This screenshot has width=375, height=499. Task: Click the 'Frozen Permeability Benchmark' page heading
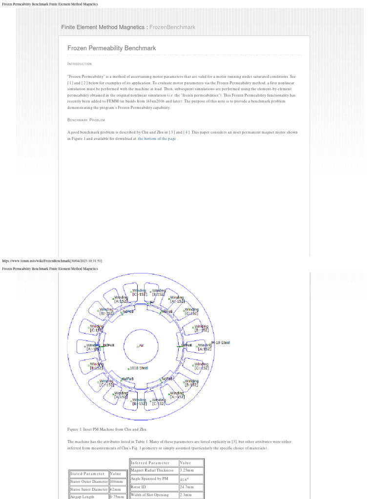[112, 48]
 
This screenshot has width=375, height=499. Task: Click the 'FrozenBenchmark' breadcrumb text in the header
[172, 27]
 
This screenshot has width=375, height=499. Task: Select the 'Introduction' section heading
[79, 64]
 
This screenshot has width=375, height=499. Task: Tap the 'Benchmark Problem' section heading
[86, 120]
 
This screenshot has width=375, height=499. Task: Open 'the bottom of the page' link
[157, 139]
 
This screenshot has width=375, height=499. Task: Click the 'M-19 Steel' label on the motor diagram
[220, 343]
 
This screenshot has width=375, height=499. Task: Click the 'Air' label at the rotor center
[141, 345]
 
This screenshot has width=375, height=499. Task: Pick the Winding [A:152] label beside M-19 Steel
[204, 347]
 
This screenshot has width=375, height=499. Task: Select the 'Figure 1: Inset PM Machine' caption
[107, 429]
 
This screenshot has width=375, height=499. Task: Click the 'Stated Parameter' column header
[87, 474]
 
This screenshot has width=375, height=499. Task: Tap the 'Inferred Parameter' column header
[150, 463]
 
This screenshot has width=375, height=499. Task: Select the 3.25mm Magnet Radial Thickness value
[188, 471]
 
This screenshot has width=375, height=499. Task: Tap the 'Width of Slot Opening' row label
[150, 495]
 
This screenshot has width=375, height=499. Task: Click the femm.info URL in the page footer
[53, 261]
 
